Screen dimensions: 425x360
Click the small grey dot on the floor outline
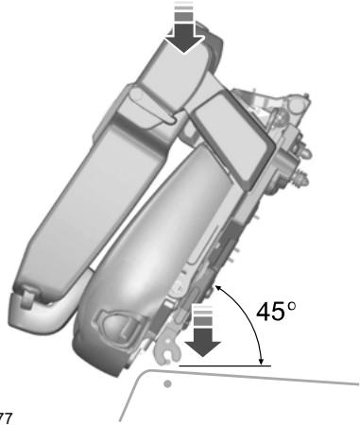(167, 385)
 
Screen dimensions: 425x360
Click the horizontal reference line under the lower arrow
(222, 363)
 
